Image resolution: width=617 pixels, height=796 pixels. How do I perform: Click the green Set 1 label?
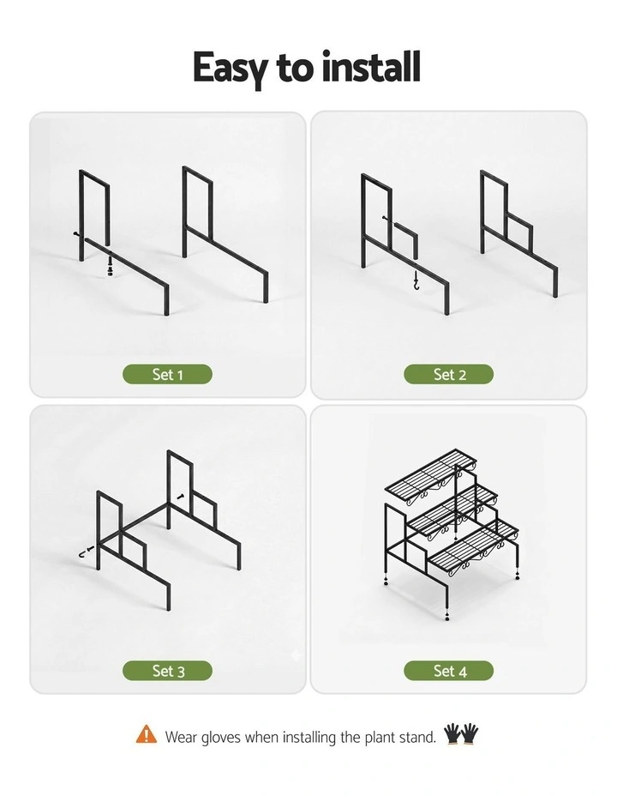click(167, 374)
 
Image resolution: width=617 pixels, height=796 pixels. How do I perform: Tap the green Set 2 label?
click(449, 374)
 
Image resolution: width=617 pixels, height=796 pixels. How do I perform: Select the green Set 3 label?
click(167, 671)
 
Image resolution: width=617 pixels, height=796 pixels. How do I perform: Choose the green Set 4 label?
click(449, 671)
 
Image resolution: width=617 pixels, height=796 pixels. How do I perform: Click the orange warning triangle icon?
click(146, 734)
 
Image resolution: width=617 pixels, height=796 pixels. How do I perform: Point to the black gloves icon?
click(461, 734)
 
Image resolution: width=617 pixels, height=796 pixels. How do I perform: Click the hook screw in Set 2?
click(416, 280)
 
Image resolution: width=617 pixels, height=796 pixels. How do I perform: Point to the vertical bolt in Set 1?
click(110, 263)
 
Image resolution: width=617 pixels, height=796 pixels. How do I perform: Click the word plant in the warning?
click(380, 737)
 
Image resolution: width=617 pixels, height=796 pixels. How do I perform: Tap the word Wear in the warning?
click(181, 737)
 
